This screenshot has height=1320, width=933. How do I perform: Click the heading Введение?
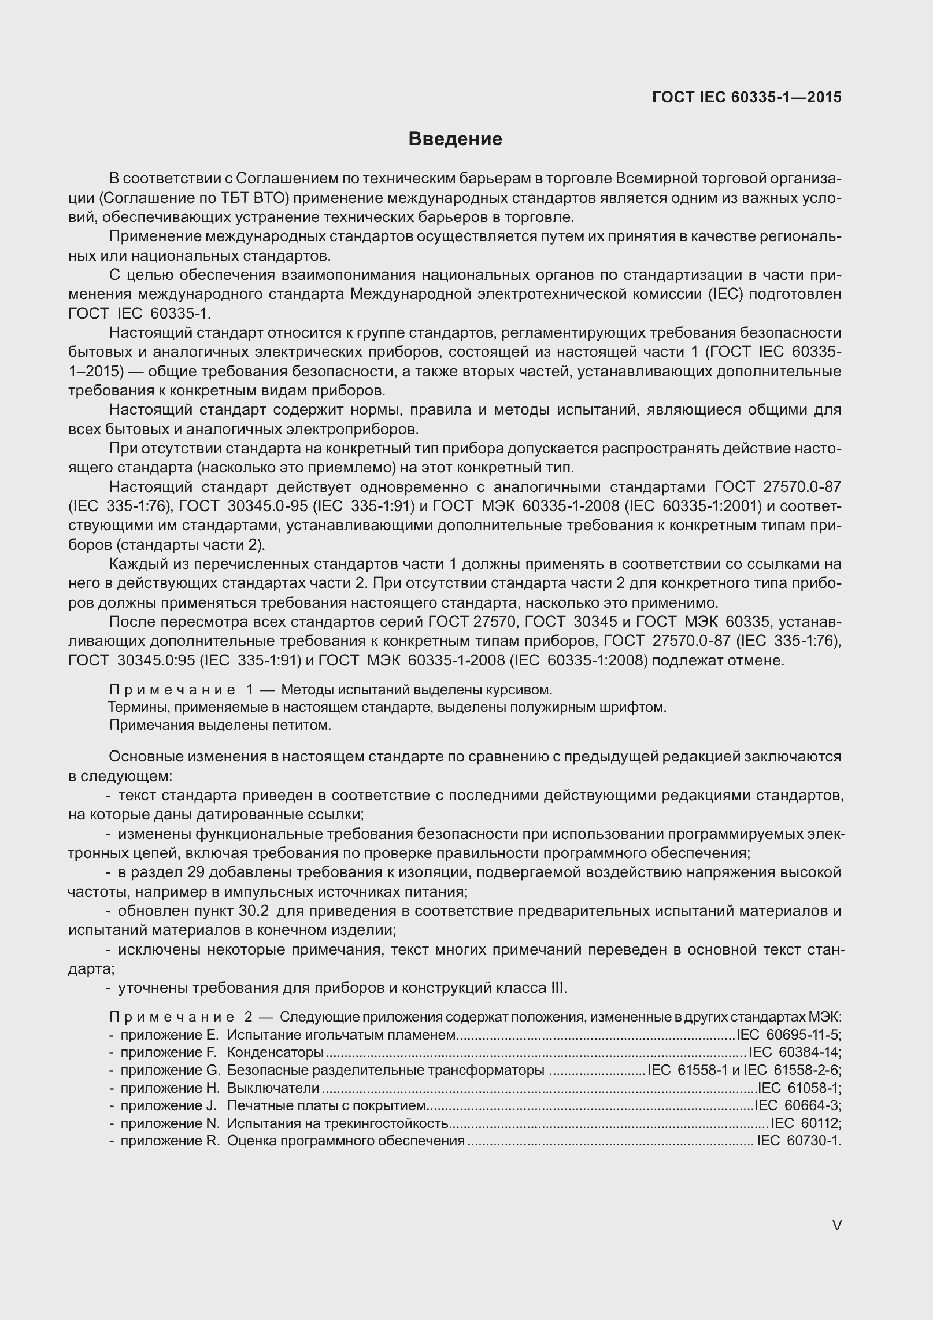[x=455, y=139]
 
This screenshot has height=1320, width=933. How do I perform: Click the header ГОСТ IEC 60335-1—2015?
[x=747, y=97]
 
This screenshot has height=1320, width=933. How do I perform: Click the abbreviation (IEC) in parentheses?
[x=725, y=294]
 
